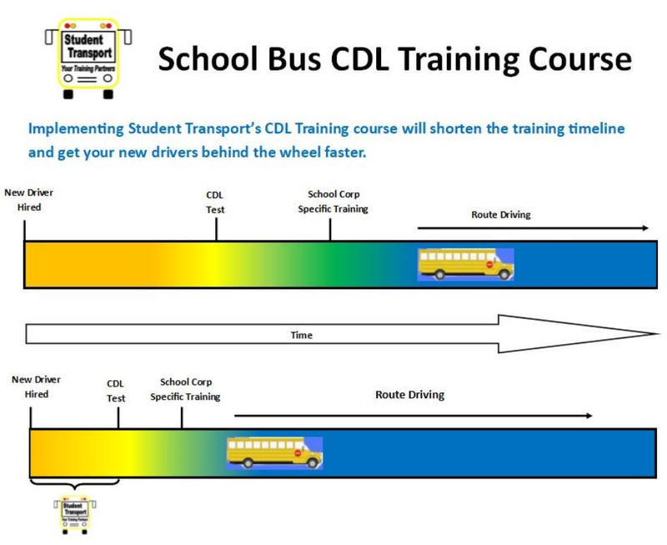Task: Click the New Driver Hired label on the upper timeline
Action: coord(29,199)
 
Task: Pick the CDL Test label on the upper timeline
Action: coord(215,203)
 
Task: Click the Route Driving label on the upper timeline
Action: coord(500,214)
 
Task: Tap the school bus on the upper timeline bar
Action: coord(465,264)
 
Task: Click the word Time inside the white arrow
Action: coord(301,335)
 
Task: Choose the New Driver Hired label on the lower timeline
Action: coord(36,387)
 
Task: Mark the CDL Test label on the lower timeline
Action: coord(116,391)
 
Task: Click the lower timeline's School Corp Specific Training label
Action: coord(185,389)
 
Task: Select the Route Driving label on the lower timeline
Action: coord(409,394)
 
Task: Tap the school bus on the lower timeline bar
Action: coord(274,452)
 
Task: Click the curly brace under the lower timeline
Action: coord(74,484)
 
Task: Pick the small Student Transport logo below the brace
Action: coord(74,514)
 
